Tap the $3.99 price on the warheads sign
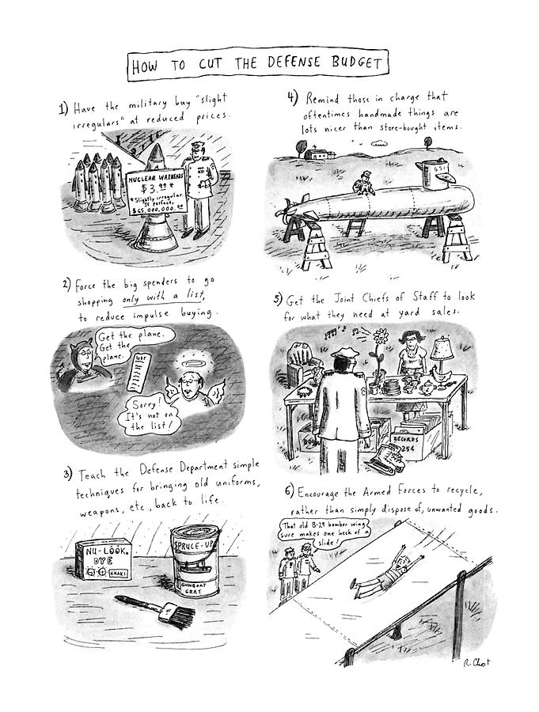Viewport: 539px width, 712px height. pyautogui.click(x=150, y=188)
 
